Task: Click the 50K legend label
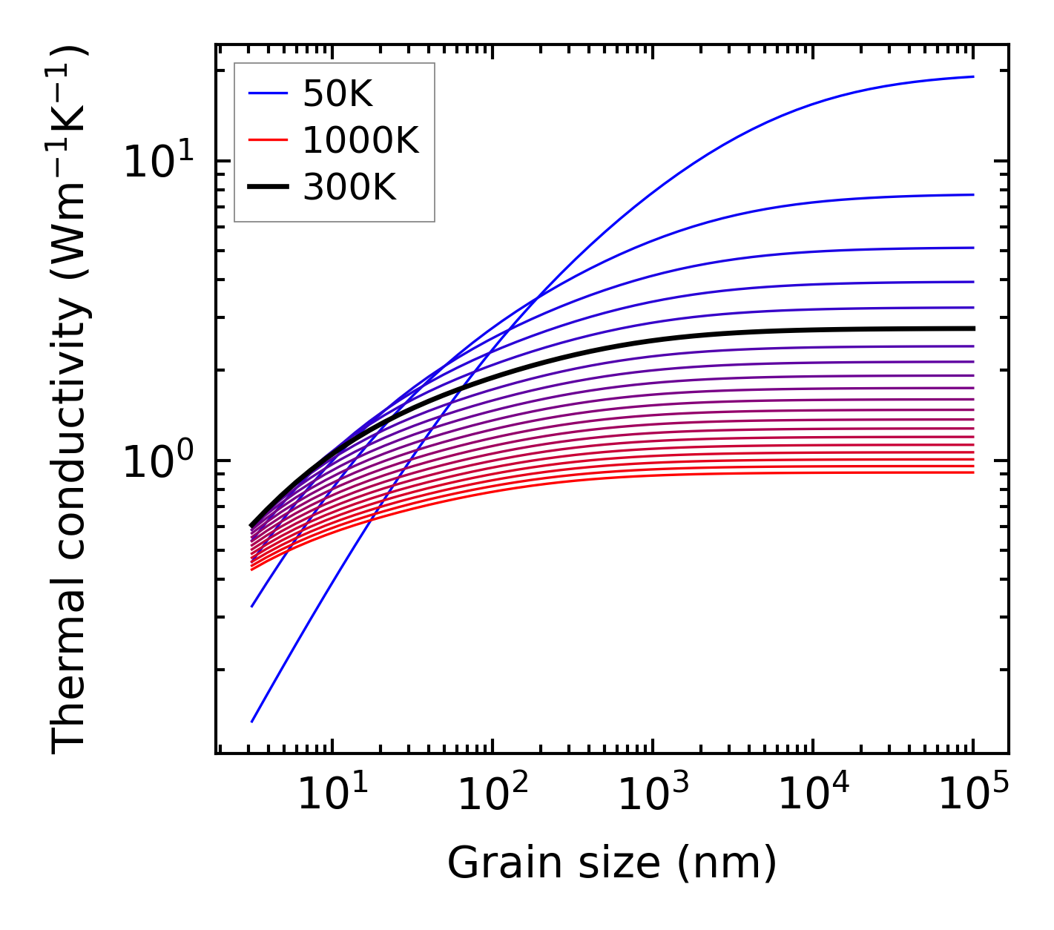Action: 337,93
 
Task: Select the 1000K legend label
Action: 360,140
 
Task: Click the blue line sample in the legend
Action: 267,93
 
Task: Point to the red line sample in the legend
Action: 267,140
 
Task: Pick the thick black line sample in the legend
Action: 267,188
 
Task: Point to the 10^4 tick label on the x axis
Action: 812,796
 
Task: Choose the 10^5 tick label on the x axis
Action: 972,796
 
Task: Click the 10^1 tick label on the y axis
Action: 157,162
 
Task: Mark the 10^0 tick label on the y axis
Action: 157,461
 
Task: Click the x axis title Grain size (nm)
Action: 612,863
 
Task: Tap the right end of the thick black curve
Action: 973,328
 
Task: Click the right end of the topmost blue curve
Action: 973,76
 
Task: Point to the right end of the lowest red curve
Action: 973,472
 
